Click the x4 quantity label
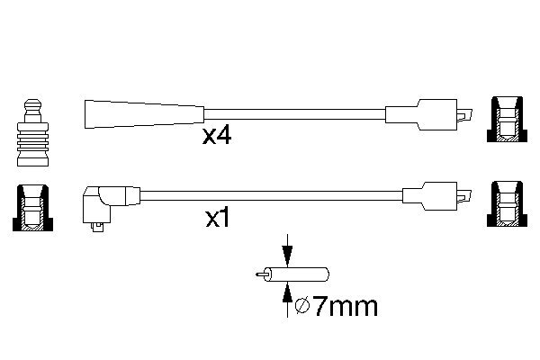coord(219,138)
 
